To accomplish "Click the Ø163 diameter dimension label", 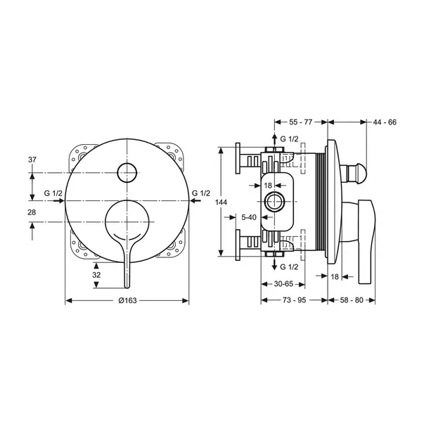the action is (x=127, y=300).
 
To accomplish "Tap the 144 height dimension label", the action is (x=221, y=202).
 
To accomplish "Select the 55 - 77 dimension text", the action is (x=301, y=122).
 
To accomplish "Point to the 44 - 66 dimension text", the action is (x=385, y=122).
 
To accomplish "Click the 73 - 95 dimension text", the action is (x=294, y=300).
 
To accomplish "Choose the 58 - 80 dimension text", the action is (x=352, y=300).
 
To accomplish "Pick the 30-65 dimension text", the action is (x=283, y=284).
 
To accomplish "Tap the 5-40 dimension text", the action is (x=249, y=217).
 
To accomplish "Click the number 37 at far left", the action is (x=32, y=160).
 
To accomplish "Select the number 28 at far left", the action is (x=32, y=212).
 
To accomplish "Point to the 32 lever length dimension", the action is (x=96, y=275).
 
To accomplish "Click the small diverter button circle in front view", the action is (x=127, y=172).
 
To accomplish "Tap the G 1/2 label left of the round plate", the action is (x=53, y=193).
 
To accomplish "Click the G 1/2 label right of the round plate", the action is (x=201, y=193).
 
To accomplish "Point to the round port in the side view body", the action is (x=274, y=202).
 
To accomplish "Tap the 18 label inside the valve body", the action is (x=268, y=186).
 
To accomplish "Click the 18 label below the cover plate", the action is (x=335, y=276).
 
